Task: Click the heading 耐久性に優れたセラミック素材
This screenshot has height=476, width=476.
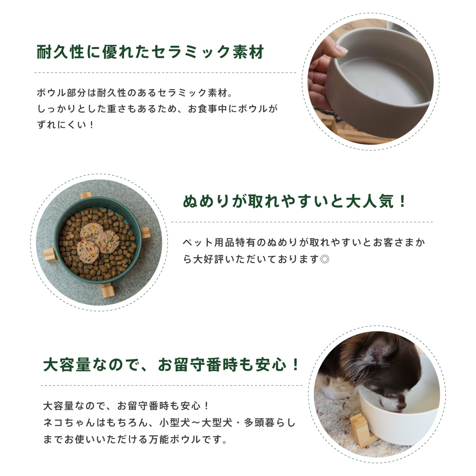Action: (x=150, y=52)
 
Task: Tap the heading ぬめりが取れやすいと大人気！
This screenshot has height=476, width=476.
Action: (x=295, y=201)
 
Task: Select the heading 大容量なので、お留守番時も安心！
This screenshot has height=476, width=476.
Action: (x=172, y=365)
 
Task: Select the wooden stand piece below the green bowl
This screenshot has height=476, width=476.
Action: (x=107, y=290)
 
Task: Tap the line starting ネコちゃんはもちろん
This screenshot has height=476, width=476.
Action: (x=169, y=423)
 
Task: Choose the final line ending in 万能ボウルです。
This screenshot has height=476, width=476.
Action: (x=135, y=440)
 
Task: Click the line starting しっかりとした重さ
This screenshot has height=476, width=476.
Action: (x=157, y=109)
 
